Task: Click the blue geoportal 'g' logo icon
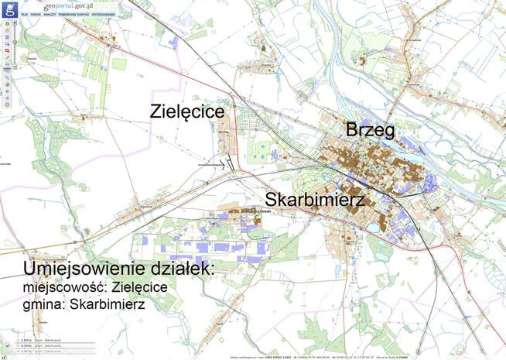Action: [9, 8]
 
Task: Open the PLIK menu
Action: [26, 15]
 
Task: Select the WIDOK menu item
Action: [36, 15]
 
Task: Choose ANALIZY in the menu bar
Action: [50, 15]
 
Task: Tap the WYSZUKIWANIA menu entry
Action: [104, 15]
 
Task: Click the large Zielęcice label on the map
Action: [187, 112]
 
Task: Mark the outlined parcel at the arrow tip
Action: [230, 165]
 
